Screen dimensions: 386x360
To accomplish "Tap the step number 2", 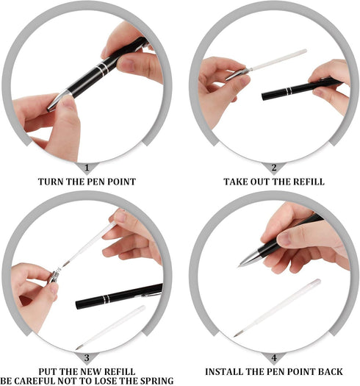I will coord(274,168).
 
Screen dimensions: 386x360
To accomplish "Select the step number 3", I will coord(86,358).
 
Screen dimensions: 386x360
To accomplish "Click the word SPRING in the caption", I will coord(156,380).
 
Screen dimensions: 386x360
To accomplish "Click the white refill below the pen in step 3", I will coord(110,327).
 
